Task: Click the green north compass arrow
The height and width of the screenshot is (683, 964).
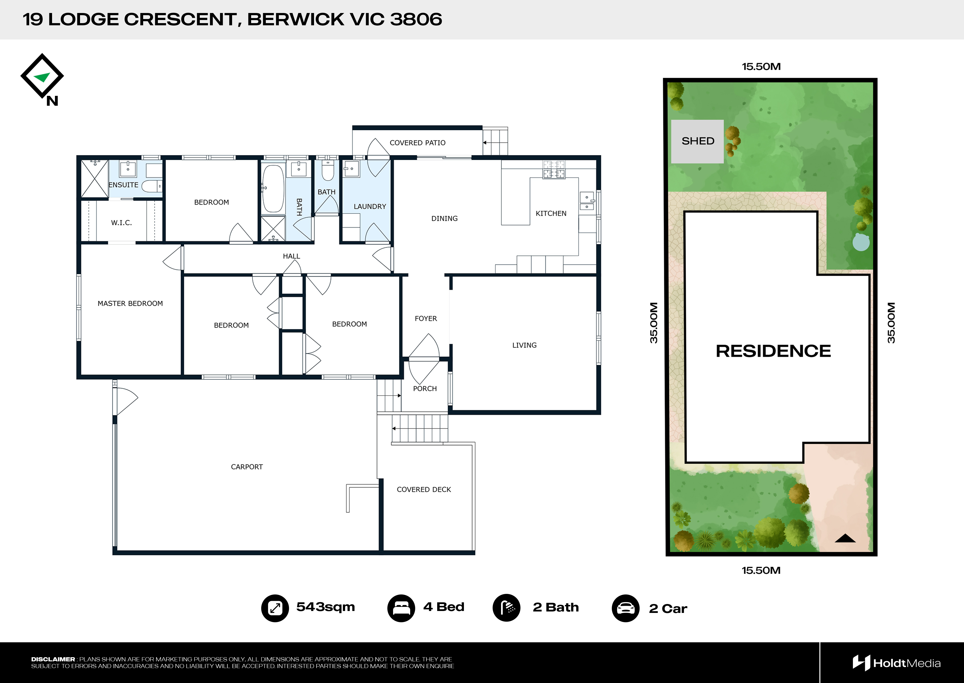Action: coord(42,77)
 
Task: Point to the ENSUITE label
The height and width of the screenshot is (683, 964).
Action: coord(123,185)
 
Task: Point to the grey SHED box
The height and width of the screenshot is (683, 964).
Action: coord(697,141)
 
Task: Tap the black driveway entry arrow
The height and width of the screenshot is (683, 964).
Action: coord(845,538)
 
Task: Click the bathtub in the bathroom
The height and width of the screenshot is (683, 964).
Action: coord(273,188)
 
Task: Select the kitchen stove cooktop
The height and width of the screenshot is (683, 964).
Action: coord(554,170)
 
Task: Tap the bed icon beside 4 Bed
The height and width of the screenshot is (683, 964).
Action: coord(401,608)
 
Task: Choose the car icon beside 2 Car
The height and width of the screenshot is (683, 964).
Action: coord(626,608)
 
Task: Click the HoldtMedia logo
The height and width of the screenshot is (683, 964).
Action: coord(896,663)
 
